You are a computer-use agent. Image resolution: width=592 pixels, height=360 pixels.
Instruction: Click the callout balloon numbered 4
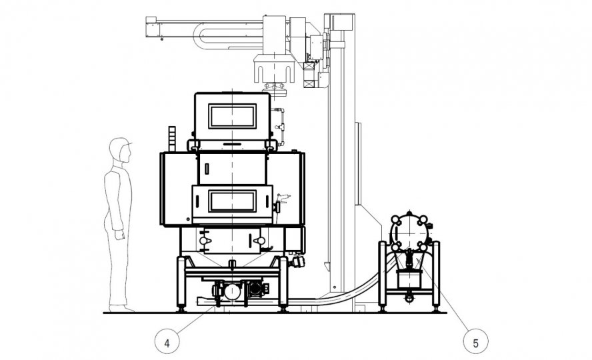[x=167, y=343]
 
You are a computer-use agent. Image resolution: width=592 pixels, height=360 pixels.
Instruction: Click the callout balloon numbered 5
[x=475, y=343]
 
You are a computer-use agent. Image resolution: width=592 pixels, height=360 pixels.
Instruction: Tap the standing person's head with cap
[x=120, y=149]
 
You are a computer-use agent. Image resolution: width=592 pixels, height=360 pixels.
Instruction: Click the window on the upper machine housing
[x=232, y=116]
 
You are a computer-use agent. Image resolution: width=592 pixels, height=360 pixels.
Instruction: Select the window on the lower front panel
[x=232, y=200]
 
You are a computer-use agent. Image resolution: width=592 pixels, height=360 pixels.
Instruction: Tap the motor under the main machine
[x=231, y=291]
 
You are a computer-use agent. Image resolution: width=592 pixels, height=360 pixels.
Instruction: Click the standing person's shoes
[x=123, y=308]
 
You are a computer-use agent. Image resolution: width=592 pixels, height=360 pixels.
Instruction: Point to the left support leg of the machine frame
[x=181, y=284]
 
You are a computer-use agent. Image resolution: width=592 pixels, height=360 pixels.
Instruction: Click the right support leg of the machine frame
[x=283, y=284]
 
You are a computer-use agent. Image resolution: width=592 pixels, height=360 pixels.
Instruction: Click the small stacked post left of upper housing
[x=172, y=139]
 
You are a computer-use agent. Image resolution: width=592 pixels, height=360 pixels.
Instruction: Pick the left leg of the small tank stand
[x=383, y=277]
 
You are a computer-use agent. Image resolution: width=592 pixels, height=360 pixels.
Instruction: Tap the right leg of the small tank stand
[x=435, y=277]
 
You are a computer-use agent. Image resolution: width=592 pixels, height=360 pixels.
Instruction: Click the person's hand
[x=119, y=235]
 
